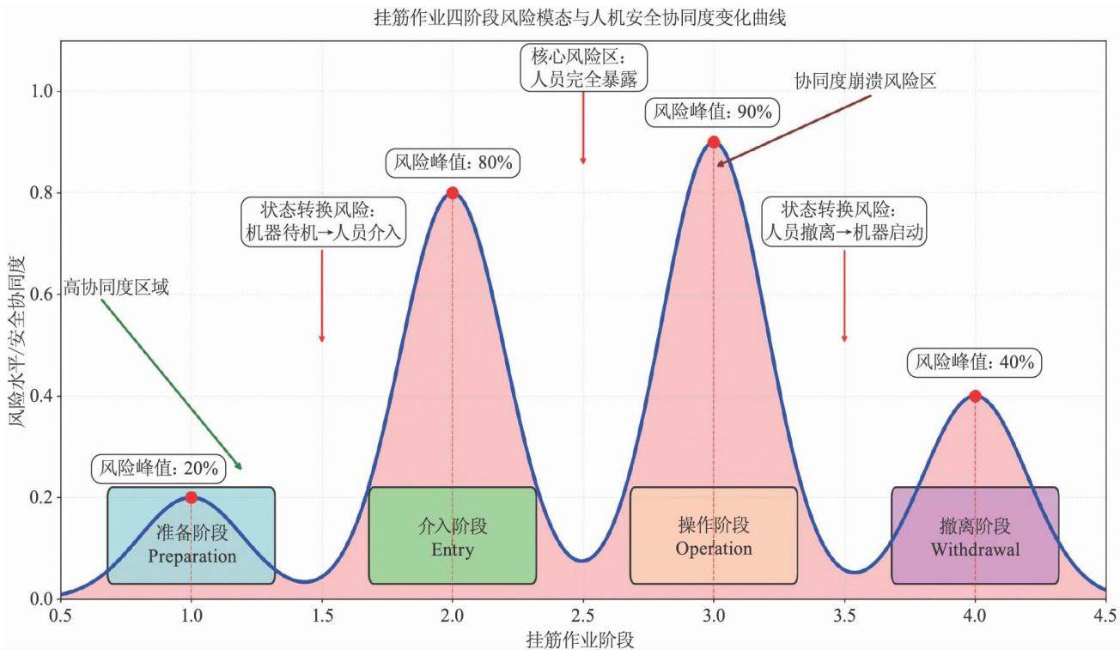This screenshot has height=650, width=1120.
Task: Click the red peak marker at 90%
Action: tap(714, 142)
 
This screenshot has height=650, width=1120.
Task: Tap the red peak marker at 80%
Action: tap(453, 193)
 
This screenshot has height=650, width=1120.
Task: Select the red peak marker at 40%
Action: tap(975, 396)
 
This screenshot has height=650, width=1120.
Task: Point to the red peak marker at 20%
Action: tap(191, 497)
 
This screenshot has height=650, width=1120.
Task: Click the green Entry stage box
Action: tap(453, 536)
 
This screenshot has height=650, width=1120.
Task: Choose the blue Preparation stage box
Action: tap(191, 536)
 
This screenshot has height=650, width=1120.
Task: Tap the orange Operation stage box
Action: tap(714, 536)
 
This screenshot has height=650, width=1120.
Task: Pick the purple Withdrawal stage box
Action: tap(975, 536)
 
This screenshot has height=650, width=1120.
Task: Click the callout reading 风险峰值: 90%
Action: tap(713, 112)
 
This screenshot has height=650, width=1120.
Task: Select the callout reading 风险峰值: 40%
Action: tap(975, 362)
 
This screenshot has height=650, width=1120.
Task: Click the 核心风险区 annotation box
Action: tap(583, 68)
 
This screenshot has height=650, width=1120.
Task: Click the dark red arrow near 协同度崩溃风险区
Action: tap(794, 131)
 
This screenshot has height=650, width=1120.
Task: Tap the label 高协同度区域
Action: tap(116, 288)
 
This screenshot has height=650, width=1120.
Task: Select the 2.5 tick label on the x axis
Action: tap(583, 616)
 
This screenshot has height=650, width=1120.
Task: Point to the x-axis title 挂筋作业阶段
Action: tap(580, 640)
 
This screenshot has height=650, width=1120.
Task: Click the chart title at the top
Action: tap(580, 18)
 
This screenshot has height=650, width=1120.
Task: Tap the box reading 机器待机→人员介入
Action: tap(324, 222)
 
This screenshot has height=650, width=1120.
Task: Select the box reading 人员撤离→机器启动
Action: tap(844, 222)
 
